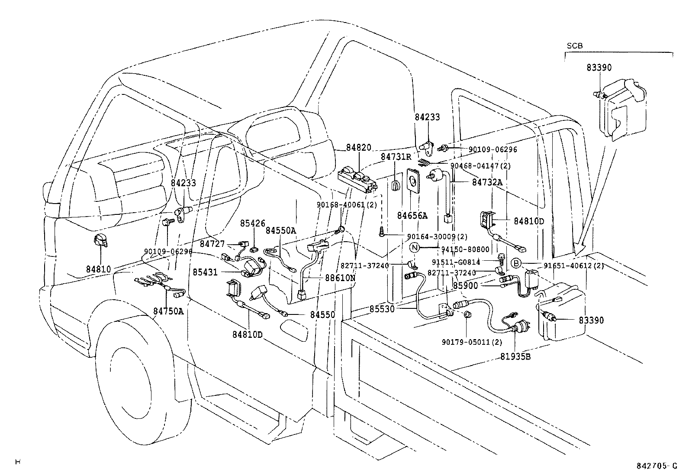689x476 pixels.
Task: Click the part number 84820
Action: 359,148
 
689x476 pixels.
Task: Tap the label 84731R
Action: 396,157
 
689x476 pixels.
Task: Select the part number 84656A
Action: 412,216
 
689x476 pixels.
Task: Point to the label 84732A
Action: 487,182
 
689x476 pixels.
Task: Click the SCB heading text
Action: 575,46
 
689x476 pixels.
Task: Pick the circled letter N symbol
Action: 415,247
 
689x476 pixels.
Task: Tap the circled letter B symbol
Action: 516,263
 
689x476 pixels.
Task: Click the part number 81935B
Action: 515,357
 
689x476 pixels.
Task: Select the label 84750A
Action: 168,311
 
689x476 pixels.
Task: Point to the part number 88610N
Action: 340,278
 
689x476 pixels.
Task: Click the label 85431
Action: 205,272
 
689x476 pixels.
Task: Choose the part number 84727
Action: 212,244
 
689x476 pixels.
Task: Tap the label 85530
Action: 382,309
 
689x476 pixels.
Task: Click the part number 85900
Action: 465,286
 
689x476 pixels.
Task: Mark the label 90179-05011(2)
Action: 472,342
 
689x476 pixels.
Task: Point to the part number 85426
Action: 252,223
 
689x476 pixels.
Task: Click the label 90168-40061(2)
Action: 347,205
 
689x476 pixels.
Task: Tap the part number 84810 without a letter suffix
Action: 98,269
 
